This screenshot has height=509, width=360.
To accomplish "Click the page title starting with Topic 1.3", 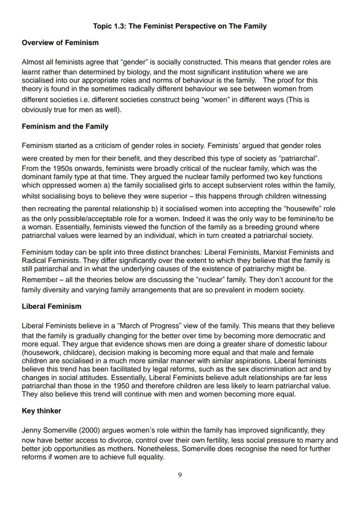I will click(180, 26).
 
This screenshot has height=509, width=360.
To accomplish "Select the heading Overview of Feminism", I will click(60, 43).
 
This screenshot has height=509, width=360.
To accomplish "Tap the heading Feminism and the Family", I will click(65, 126).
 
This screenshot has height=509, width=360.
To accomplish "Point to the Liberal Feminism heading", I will click(51, 306).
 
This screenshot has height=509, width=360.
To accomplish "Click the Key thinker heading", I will click(41, 411).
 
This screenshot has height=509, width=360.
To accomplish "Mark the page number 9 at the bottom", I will click(180, 475).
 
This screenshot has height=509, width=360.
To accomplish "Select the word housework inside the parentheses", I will click(40, 353).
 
